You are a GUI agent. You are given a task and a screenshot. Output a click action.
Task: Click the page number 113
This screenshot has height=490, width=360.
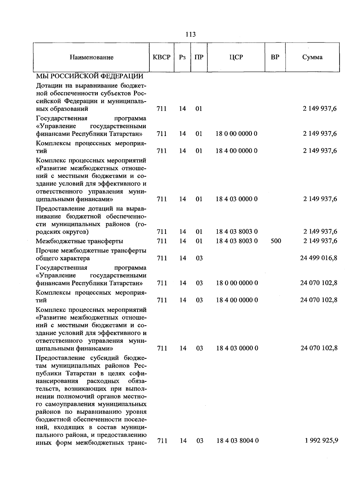[x=190, y=35]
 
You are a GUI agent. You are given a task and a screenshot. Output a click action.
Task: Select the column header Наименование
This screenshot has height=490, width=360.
[x=91, y=57]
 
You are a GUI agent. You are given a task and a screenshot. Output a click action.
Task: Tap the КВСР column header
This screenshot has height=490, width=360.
[x=161, y=57]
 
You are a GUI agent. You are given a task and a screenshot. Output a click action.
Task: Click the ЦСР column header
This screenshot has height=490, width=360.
[x=236, y=57]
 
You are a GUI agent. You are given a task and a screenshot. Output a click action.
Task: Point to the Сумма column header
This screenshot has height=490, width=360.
[x=312, y=57]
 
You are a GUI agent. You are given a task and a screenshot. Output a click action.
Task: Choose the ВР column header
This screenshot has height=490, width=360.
[x=275, y=57]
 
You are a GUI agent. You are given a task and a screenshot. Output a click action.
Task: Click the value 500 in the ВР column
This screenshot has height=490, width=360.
[x=276, y=241]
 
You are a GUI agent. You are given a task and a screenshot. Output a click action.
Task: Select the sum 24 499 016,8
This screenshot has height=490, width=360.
[x=319, y=258]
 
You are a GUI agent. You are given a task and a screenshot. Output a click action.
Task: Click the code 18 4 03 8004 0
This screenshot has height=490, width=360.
[x=238, y=440]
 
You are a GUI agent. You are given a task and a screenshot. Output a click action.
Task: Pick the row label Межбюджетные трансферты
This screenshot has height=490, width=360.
[x=79, y=241]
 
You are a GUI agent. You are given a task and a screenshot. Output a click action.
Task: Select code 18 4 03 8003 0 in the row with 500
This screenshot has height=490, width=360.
[x=237, y=241]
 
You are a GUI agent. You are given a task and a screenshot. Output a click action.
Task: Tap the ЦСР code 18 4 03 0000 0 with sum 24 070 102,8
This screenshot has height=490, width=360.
[x=237, y=348]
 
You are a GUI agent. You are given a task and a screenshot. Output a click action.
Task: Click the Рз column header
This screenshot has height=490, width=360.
[x=182, y=57]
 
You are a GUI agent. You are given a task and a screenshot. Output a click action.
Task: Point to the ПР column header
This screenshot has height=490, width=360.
[x=199, y=57]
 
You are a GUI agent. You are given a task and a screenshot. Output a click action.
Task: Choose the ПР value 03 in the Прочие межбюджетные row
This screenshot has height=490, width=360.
[x=199, y=258]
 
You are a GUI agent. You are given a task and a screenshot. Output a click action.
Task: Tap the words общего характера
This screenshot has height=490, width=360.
[x=63, y=258]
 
